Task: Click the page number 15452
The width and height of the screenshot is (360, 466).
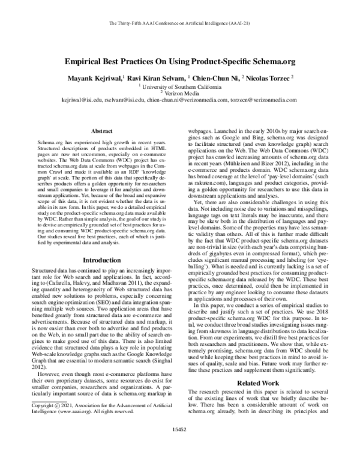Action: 179,447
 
